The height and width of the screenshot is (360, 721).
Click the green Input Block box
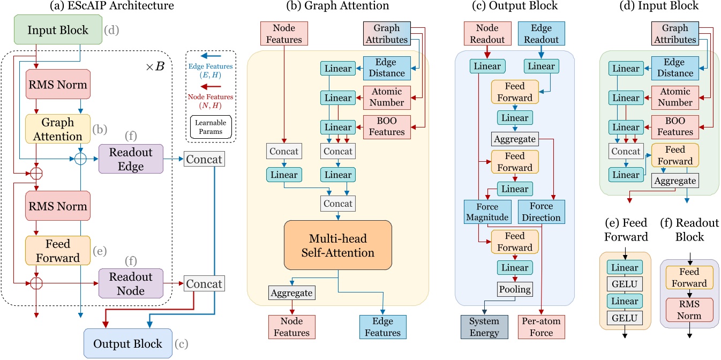pos(58,30)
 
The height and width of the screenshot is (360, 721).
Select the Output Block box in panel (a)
pos(127,343)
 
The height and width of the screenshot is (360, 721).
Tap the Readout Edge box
pos(131,159)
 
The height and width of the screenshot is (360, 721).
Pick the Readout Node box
pos(131,283)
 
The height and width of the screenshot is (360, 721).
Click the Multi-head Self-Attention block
pos(338,245)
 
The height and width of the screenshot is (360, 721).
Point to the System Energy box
pos(484,326)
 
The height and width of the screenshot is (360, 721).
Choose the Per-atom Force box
pos(540,326)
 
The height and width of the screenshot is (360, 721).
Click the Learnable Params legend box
pos(210,127)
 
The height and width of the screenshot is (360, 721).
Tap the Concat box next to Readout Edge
pos(203,159)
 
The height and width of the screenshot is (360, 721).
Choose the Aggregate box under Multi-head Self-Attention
pos(291,292)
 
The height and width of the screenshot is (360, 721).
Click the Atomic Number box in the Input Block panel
pos(675,97)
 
